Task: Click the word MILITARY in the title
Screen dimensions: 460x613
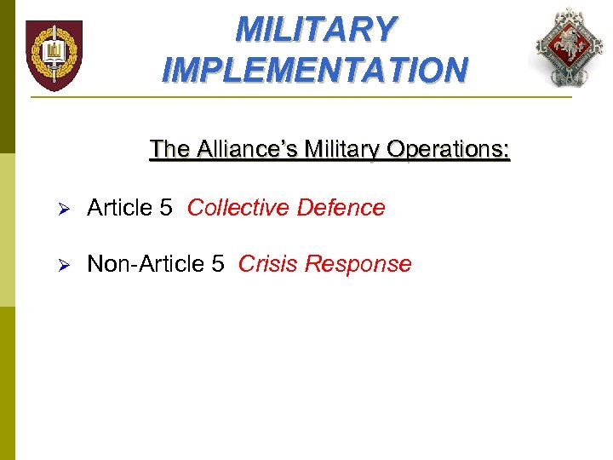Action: click(316, 29)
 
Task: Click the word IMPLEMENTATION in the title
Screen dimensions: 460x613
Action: click(314, 69)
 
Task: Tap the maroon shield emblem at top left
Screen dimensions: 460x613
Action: click(54, 55)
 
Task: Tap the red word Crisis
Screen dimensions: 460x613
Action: click(267, 264)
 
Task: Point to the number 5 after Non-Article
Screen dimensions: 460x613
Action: click(218, 264)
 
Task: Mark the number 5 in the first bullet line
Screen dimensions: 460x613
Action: click(167, 208)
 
